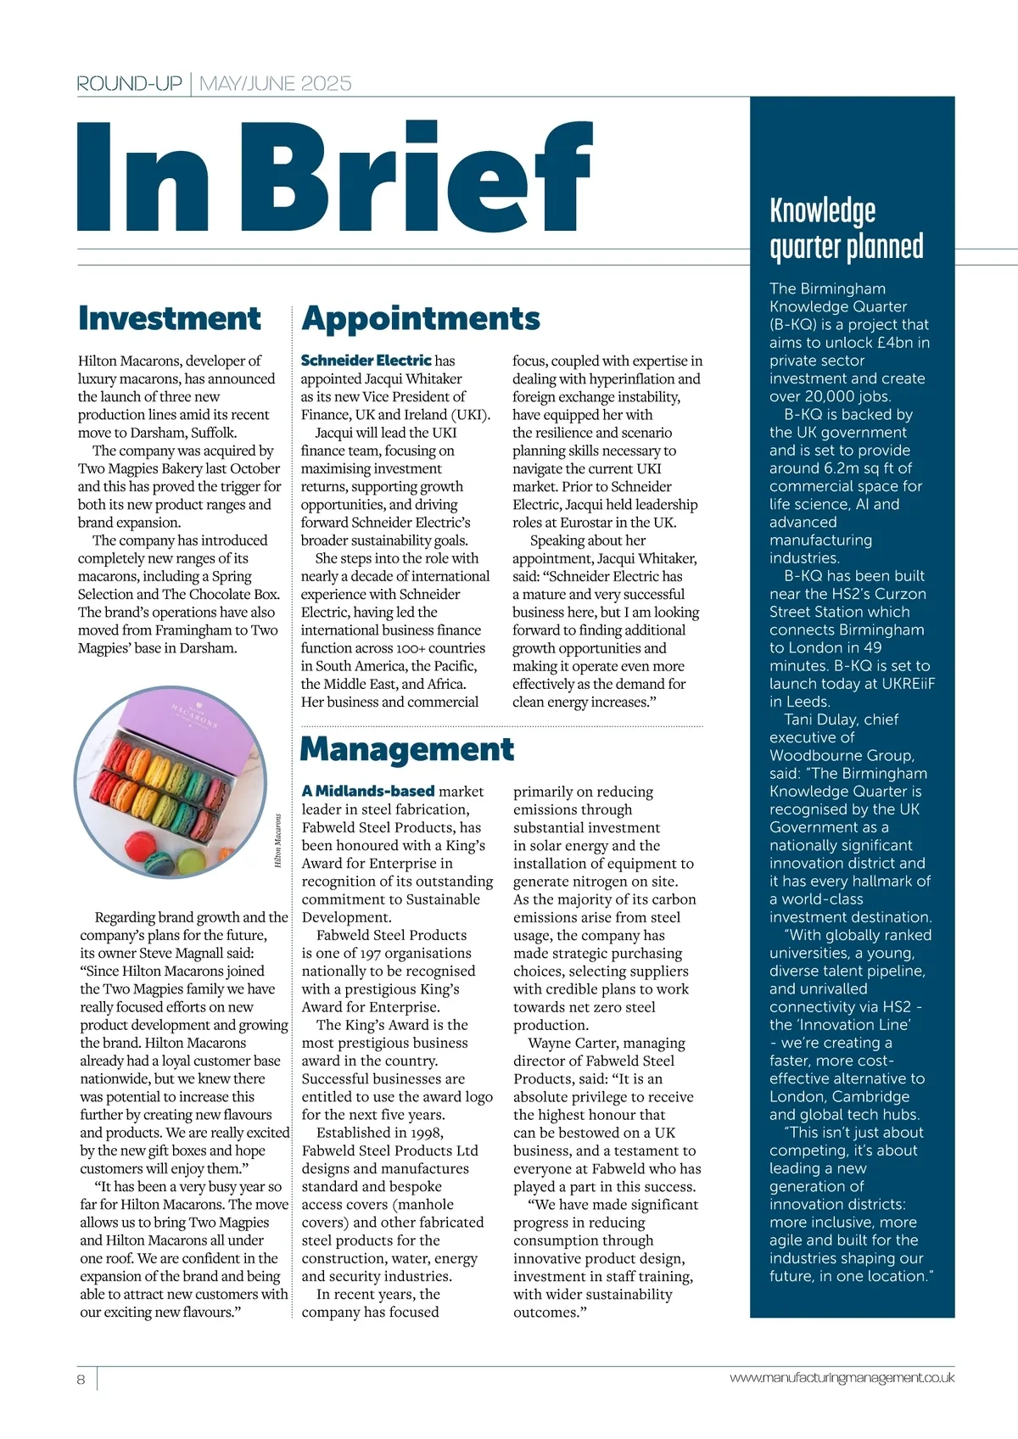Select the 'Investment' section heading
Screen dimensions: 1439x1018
(x=170, y=318)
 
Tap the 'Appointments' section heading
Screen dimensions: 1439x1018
(x=421, y=318)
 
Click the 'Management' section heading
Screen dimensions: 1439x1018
(x=407, y=749)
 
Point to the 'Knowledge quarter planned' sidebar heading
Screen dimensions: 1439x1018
(x=846, y=228)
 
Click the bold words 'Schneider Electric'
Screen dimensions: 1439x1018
(x=366, y=361)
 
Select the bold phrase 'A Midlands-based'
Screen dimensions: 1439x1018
(x=368, y=791)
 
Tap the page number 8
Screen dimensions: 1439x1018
(x=81, y=1379)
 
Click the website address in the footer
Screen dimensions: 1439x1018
(x=842, y=1378)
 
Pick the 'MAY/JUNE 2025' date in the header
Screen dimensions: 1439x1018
(x=275, y=83)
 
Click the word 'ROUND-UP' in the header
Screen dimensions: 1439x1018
(x=129, y=83)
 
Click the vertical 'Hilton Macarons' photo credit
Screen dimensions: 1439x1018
(x=277, y=841)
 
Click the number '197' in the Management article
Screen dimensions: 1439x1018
(x=374, y=953)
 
